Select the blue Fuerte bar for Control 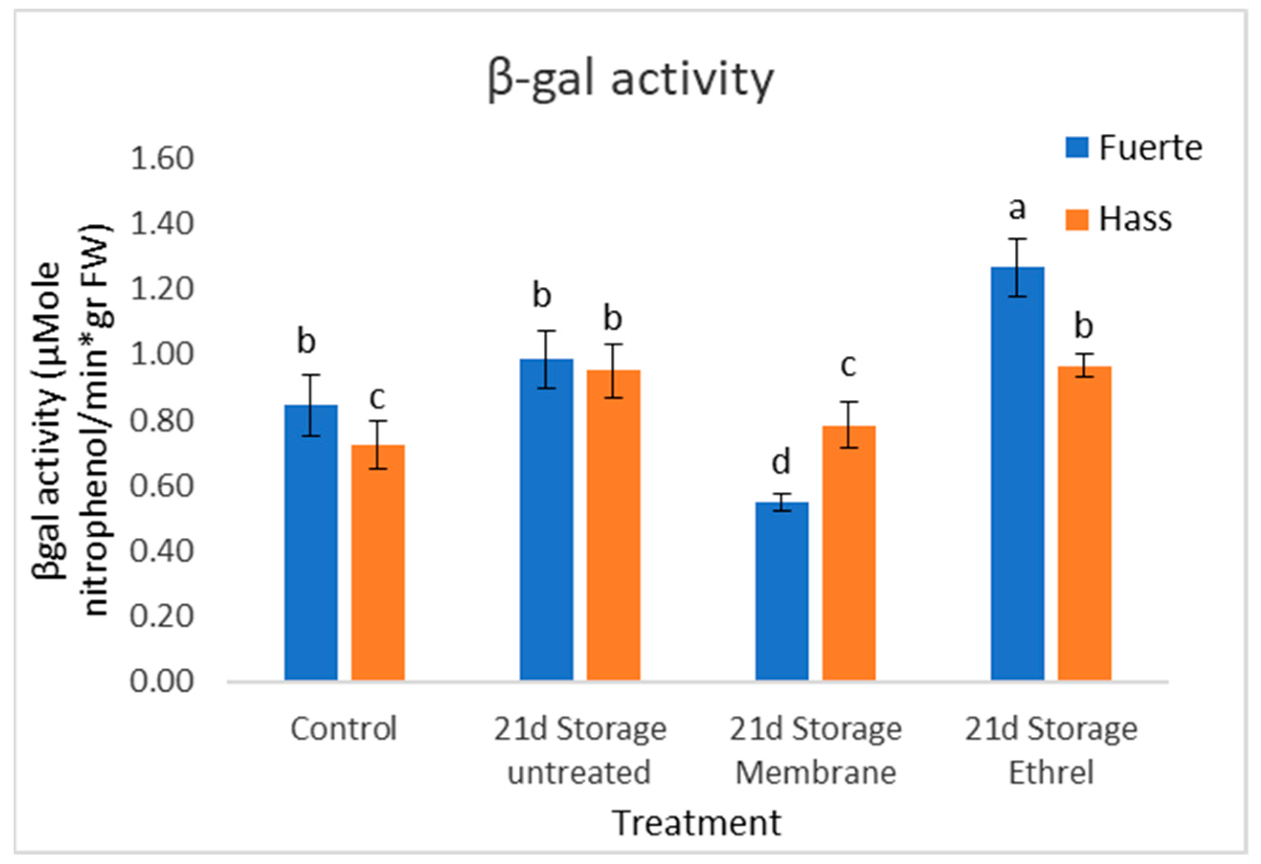[311, 543]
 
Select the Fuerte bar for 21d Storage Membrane [782, 591]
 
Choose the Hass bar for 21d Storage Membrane [848, 553]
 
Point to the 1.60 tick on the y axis [162, 159]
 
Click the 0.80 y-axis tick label [162, 421]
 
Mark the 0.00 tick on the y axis [162, 681]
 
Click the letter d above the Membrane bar [781, 462]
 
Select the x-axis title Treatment [697, 823]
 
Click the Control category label [344, 729]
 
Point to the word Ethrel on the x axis [1051, 772]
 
